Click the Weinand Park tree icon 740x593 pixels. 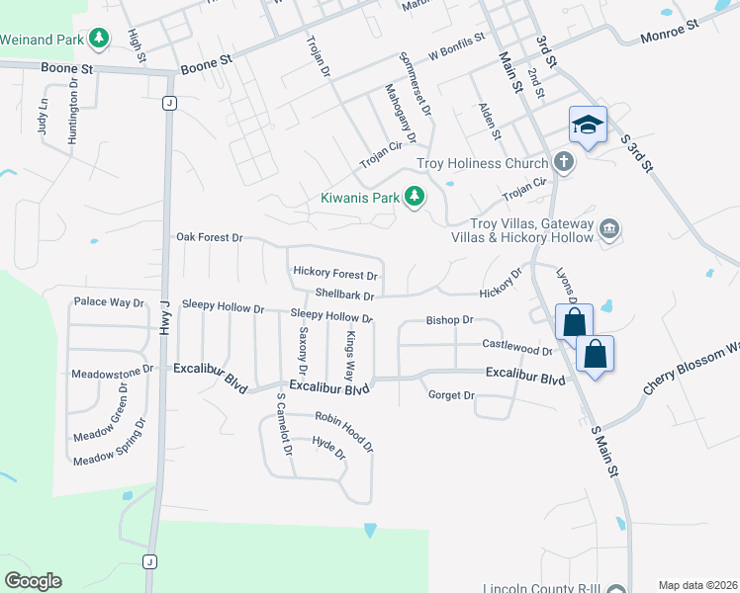click(x=99, y=39)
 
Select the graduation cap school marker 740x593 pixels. click(x=587, y=125)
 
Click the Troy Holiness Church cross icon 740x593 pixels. click(x=563, y=162)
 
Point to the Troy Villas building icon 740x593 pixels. click(x=608, y=230)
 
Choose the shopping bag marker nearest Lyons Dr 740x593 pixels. click(x=574, y=321)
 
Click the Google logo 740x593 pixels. click(x=33, y=580)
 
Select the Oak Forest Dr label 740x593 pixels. click(x=209, y=237)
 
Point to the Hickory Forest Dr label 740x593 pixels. click(x=335, y=273)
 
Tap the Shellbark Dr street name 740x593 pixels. click(x=344, y=295)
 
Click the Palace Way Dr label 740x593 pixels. click(x=110, y=301)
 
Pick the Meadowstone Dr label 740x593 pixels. click(x=113, y=374)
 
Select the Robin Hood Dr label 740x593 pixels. click(x=344, y=431)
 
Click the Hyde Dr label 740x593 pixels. click(x=328, y=449)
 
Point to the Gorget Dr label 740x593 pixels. click(x=451, y=395)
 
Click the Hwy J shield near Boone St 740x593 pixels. click(x=170, y=103)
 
